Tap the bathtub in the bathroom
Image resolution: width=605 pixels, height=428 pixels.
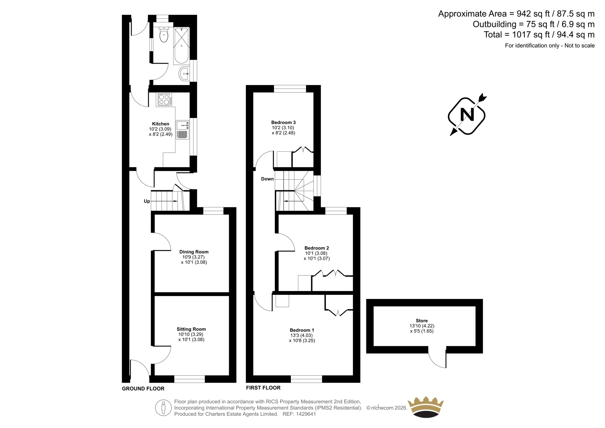(x=181, y=45)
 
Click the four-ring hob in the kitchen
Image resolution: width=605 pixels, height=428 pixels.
(x=164, y=100)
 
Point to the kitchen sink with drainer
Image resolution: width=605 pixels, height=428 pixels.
(x=183, y=130)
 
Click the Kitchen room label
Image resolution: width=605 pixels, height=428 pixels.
(x=161, y=124)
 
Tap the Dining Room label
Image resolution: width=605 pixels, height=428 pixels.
(x=194, y=252)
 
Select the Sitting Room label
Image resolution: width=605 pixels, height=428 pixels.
(x=191, y=329)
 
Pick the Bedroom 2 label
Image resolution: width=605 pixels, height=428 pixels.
(x=316, y=248)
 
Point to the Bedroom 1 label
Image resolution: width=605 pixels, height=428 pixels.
(x=302, y=330)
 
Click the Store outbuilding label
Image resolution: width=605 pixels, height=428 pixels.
(x=422, y=321)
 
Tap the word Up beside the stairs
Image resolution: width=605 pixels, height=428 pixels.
(x=147, y=201)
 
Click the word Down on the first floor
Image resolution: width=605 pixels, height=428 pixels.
(x=267, y=179)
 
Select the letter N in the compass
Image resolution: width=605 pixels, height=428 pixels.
(x=467, y=115)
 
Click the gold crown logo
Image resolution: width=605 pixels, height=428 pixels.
(x=426, y=407)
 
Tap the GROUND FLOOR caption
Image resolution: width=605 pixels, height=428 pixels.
(x=143, y=389)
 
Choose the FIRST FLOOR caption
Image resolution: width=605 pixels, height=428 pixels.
(x=263, y=388)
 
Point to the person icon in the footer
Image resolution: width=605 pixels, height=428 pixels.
(x=163, y=408)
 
